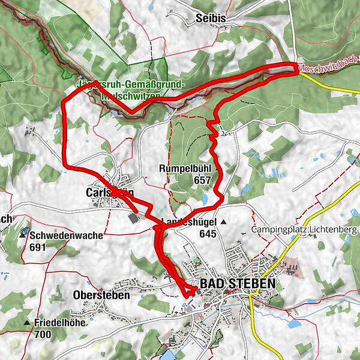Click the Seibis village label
click(x=210, y=19)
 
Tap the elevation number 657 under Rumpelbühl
click(x=202, y=179)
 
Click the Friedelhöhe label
click(x=59, y=323)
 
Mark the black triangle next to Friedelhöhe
click(x=27, y=323)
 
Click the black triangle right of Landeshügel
click(x=223, y=222)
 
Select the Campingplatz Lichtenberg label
click(x=304, y=230)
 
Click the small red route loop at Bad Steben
click(x=188, y=291)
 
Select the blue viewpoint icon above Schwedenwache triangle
click(x=25, y=229)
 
